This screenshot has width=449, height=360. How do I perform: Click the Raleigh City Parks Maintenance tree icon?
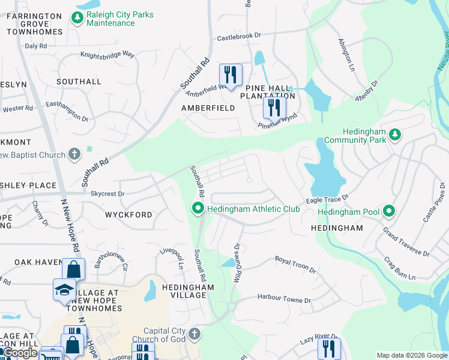77,19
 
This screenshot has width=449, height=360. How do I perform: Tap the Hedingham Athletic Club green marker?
197,209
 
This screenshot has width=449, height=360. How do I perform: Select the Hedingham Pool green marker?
389,211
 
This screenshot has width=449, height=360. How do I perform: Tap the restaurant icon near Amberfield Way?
231,75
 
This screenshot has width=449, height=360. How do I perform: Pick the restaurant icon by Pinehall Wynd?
274,108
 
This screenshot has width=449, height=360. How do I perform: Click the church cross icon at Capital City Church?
194,334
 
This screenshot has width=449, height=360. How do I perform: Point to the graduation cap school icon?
64,290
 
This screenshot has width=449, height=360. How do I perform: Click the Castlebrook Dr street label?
240,37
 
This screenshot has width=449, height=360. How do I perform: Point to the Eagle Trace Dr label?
327,197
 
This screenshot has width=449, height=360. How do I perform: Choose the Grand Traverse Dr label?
406,241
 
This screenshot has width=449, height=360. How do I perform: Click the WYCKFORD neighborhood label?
128,214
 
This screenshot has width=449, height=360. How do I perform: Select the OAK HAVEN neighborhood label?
39,262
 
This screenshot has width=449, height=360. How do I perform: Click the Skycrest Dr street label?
107,194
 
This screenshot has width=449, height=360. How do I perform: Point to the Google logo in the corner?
20,353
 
